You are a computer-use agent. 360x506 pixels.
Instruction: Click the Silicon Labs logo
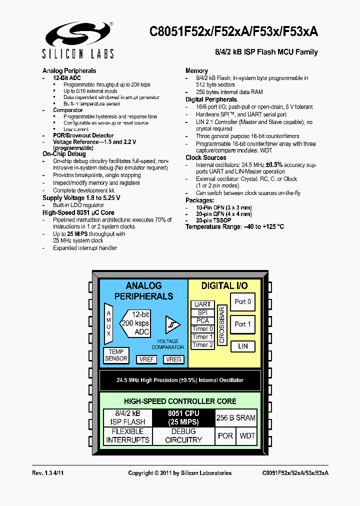(x=79, y=40)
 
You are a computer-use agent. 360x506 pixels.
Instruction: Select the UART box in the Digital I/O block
(x=202, y=304)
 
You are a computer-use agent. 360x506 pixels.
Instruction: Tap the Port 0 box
(x=242, y=302)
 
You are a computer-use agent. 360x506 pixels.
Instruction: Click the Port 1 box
(x=242, y=324)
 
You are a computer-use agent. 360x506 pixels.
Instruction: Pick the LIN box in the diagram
(x=242, y=346)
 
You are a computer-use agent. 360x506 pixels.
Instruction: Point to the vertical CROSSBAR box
(x=221, y=324)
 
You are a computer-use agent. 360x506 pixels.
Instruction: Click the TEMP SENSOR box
(x=116, y=355)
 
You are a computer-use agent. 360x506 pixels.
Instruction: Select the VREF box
(x=147, y=359)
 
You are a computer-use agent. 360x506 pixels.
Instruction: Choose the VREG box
(x=173, y=359)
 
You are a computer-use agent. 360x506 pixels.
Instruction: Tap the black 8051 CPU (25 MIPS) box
(x=183, y=417)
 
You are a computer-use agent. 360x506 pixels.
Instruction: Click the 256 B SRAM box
(x=235, y=417)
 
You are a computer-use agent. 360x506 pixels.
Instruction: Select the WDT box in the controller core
(x=247, y=435)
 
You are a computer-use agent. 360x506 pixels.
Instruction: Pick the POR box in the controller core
(x=225, y=435)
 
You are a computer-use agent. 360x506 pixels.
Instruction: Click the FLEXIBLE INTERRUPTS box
(x=127, y=435)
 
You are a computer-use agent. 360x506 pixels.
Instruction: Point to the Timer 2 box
(x=202, y=345)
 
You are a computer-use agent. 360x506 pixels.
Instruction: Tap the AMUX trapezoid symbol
(x=108, y=323)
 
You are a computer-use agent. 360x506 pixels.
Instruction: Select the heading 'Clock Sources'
(x=205, y=157)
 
